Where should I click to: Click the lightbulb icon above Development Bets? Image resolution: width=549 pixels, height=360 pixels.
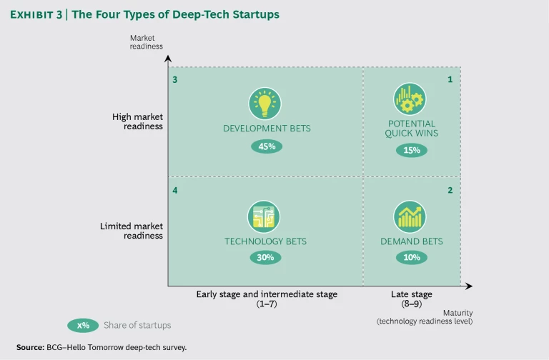[x=265, y=104]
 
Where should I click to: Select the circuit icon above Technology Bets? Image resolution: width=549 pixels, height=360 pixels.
[x=265, y=216]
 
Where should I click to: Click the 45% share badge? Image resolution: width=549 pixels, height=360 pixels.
[x=265, y=146]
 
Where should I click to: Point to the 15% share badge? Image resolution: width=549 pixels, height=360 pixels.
[x=411, y=150]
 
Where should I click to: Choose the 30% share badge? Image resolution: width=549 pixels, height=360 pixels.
[x=265, y=258]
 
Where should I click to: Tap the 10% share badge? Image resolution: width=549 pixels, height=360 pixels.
[x=411, y=258]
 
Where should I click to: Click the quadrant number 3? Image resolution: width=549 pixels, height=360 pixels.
[x=175, y=79]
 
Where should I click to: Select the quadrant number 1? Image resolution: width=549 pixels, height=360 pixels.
[x=450, y=79]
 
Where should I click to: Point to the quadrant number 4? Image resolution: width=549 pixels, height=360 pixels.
[x=175, y=190]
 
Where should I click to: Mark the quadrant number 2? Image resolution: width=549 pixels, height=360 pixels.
[x=450, y=190]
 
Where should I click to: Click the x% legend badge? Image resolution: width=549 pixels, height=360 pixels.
[x=84, y=325]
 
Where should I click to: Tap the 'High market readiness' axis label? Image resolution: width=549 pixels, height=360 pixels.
[x=137, y=121]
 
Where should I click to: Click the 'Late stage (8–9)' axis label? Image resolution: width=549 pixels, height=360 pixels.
[x=411, y=298]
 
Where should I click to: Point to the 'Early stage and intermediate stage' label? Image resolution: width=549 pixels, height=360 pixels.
[x=266, y=294]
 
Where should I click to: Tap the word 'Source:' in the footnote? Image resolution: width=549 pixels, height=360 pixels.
[x=30, y=347]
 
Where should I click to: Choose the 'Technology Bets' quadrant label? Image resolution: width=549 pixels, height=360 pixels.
[x=265, y=241]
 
